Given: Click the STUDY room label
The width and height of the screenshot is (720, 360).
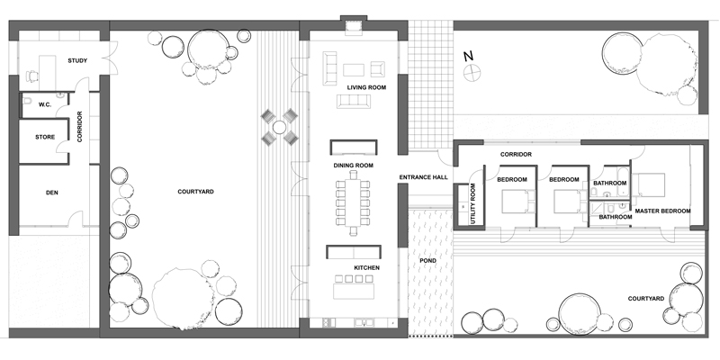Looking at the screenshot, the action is point(77,60).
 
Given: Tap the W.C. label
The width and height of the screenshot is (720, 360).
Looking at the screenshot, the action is point(44,104).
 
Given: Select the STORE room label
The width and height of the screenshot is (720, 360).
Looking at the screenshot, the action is point(45,137).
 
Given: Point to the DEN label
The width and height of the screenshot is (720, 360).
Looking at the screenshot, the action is point(52,193).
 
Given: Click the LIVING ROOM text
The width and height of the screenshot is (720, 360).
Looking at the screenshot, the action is point(366,87).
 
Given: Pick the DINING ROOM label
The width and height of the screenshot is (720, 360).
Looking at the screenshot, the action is point(353,166).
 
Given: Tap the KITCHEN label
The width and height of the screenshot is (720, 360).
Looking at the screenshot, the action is point(366,267).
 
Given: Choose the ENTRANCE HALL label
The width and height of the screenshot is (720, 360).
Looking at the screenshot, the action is point(423,177).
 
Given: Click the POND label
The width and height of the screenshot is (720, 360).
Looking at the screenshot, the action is point(428,260).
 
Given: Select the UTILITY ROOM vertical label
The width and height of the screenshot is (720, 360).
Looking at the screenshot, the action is point(473,204).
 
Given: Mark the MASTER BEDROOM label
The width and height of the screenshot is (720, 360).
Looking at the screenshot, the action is point(662,211).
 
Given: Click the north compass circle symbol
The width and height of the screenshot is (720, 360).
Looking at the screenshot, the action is point(472,73).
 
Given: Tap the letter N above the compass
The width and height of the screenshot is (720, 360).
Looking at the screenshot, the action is point(468,56).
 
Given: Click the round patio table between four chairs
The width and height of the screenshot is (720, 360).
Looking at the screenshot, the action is point(279,127).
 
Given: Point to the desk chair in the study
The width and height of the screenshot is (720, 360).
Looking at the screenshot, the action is point(31,76).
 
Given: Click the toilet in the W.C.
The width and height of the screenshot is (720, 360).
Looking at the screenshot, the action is point(27,100).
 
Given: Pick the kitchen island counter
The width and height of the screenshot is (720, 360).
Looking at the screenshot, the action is point(354,292).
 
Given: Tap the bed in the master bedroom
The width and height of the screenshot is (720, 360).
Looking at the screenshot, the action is point(648,185).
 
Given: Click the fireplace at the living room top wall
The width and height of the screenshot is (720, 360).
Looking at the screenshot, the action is point(353,28).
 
